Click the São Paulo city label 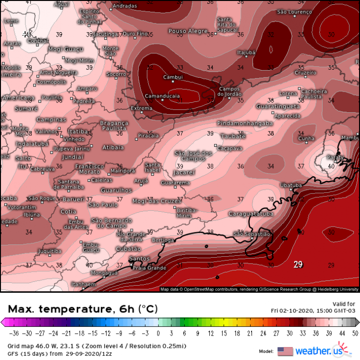103,204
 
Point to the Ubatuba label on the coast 291,185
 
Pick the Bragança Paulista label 114,126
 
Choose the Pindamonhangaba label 245,123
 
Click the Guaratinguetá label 278,106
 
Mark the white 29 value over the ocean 298,264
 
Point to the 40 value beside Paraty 331,166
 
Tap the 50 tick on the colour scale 354,332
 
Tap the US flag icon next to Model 285,351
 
